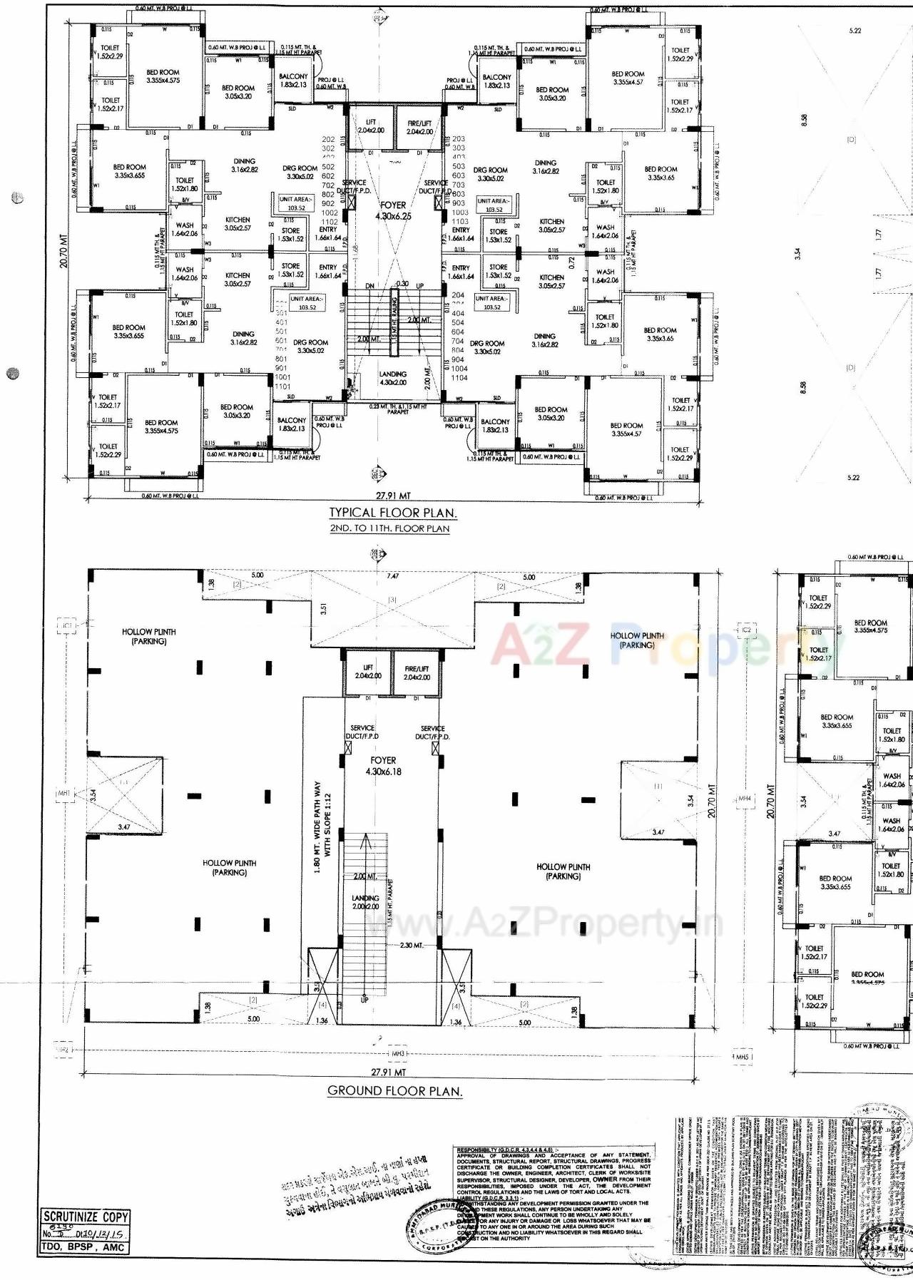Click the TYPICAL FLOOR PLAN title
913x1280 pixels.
(393, 513)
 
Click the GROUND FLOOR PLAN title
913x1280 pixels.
(394, 1090)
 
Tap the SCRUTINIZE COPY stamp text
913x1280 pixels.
(86, 1217)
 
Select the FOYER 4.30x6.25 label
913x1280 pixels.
(393, 210)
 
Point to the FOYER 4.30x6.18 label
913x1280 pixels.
(383, 766)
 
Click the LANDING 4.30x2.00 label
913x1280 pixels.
(392, 378)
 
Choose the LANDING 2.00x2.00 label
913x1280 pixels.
(365, 902)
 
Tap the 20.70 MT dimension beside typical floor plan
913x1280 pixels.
(65, 253)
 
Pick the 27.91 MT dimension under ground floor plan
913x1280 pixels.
(389, 1072)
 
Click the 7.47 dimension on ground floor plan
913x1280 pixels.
(392, 576)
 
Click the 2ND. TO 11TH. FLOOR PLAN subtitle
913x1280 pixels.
(389, 528)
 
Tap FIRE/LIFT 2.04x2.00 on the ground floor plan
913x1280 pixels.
(417, 672)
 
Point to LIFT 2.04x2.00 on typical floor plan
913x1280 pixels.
(371, 126)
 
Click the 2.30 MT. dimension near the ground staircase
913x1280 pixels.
(412, 945)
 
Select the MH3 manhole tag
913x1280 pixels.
(398, 1053)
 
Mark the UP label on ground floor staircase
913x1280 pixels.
(364, 999)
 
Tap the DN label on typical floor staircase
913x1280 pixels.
(369, 286)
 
